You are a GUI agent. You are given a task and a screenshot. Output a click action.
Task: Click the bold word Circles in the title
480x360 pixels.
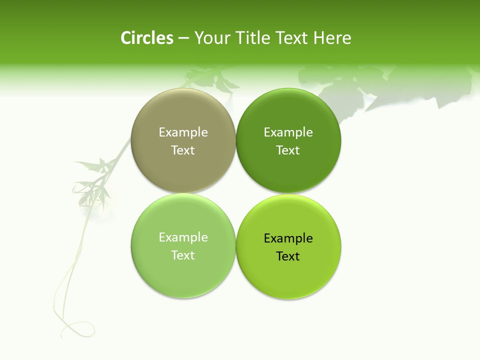click(146, 38)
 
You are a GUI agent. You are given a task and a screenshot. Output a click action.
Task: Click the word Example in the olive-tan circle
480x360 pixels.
click(183, 132)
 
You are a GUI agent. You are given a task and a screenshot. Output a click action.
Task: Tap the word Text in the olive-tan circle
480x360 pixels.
click(183, 150)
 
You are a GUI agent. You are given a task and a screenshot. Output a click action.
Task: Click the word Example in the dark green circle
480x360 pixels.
click(288, 132)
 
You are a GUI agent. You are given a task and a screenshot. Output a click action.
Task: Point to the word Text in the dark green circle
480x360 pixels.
click(288, 150)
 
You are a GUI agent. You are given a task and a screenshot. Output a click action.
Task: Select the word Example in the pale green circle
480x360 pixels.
click(183, 237)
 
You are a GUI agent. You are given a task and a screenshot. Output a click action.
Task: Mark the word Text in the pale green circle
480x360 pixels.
click(183, 255)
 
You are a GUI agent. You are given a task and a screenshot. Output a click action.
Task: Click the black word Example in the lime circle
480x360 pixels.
click(288, 238)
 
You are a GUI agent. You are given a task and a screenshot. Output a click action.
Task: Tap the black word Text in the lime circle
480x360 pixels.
click(288, 256)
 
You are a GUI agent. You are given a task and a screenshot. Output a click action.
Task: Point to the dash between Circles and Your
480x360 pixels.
click(183, 38)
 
